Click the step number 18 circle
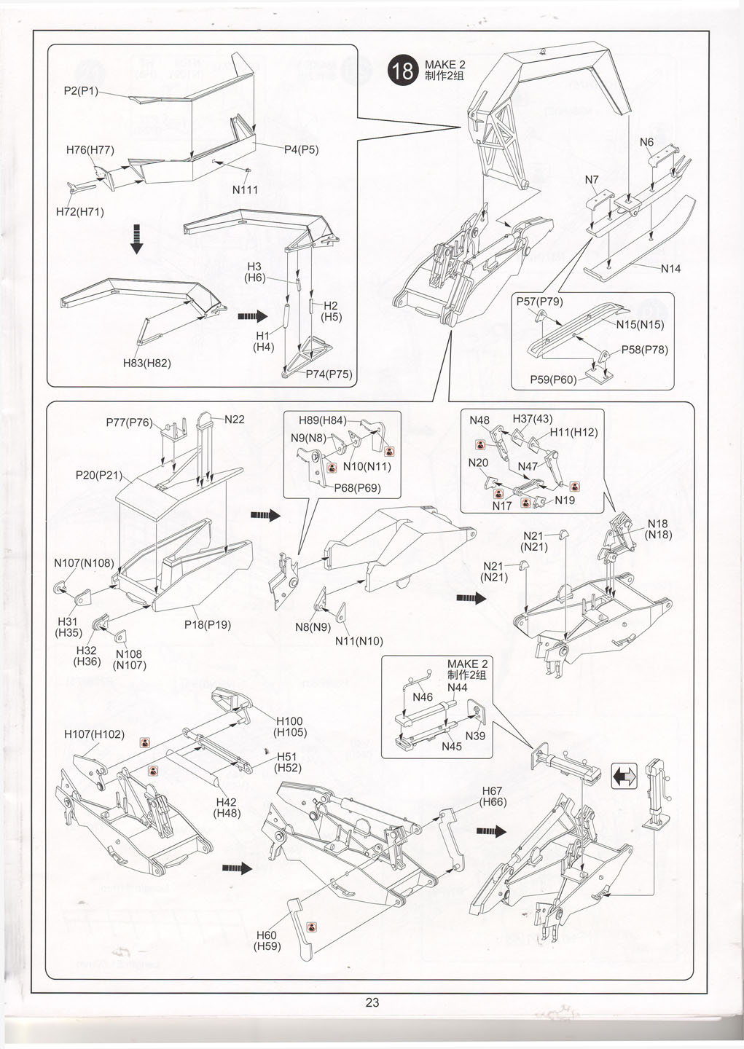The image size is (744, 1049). (402, 71)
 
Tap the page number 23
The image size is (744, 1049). (372, 1002)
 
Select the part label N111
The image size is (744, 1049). (246, 189)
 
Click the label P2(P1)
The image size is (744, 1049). (81, 91)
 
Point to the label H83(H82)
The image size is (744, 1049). (146, 363)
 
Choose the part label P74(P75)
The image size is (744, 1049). (329, 374)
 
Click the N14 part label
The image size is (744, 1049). (670, 269)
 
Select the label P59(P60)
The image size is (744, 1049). (553, 380)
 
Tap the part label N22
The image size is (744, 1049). (235, 419)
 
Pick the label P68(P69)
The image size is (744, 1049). (357, 488)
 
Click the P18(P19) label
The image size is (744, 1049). (208, 624)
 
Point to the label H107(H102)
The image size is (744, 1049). (94, 734)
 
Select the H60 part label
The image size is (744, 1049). (267, 935)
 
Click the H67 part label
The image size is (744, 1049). (493, 791)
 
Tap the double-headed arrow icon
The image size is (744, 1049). (624, 777)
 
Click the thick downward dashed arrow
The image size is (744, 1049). (136, 239)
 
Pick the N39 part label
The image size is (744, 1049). (475, 736)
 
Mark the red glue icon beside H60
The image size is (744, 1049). (312, 927)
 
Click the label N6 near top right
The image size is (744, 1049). (646, 142)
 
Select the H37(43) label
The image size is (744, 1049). (533, 419)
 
